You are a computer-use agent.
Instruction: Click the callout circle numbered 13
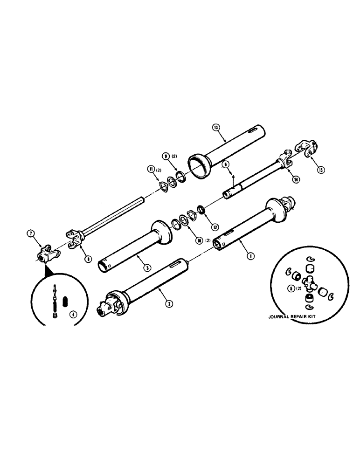[x=215, y=127]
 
